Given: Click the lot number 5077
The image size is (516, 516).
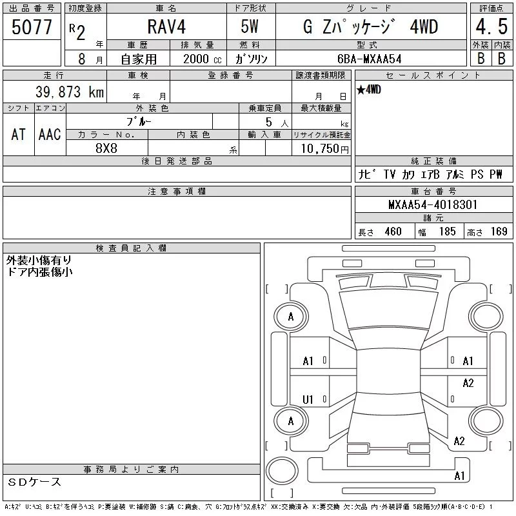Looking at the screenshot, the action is [32, 27].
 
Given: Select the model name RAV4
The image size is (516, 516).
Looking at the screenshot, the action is [166, 27].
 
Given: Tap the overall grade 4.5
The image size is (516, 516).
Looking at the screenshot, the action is [491, 26].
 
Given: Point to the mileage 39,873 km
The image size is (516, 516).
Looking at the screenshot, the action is [70, 92].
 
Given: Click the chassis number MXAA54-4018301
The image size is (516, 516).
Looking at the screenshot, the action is [433, 204].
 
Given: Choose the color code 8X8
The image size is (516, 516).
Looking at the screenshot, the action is [106, 148].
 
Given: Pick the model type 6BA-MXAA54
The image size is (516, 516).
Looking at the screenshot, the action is [370, 59].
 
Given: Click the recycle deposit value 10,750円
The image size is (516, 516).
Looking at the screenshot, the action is [325, 149].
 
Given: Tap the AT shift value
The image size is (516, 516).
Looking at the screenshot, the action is [19, 134].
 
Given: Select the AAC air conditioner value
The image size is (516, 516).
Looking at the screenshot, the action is [50, 134].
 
